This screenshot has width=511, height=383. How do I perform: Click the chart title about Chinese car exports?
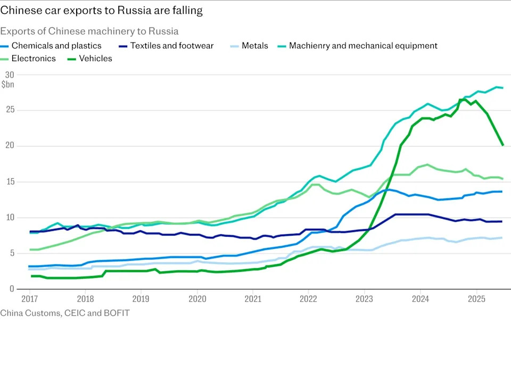point(101,10)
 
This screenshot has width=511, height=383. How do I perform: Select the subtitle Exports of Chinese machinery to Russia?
point(89,31)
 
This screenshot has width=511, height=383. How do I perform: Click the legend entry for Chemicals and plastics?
point(56,46)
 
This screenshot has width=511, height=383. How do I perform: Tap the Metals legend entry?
point(255,46)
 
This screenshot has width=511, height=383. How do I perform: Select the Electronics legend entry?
point(34,59)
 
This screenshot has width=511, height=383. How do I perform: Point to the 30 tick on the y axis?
point(9,74)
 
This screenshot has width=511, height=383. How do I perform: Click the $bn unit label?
point(8,85)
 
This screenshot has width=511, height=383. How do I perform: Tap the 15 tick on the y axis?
point(9,181)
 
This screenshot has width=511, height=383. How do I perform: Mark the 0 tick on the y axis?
point(11,289)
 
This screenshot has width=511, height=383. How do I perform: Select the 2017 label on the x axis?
point(29,298)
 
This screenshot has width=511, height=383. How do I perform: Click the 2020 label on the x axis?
point(197,298)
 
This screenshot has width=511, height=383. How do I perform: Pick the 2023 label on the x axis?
point(365,298)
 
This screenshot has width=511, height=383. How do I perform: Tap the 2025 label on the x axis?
point(476,298)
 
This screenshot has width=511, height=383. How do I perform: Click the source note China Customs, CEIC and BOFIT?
point(65,313)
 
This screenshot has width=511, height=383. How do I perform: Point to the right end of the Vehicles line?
point(503,145)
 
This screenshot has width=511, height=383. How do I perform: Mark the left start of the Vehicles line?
point(32,276)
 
